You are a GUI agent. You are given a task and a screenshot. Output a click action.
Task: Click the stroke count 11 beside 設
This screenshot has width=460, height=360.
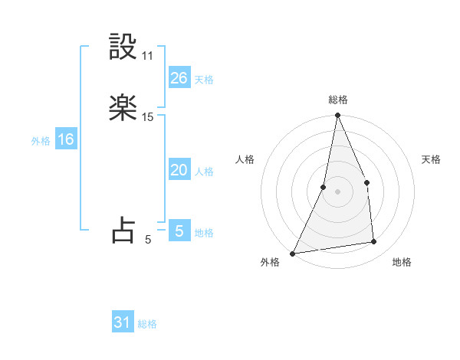pyautogui.click(x=148, y=56)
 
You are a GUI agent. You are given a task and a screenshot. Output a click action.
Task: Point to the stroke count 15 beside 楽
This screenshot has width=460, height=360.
pyautogui.click(x=148, y=117)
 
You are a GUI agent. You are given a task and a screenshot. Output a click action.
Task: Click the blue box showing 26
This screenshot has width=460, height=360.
pyautogui.click(x=179, y=78)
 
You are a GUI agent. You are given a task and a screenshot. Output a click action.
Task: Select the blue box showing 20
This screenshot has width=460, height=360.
pyautogui.click(x=179, y=170)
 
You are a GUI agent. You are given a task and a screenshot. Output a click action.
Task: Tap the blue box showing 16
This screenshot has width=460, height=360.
pyautogui.click(x=65, y=139)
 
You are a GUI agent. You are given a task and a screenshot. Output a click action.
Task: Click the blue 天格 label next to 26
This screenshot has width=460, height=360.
pyautogui.click(x=204, y=80)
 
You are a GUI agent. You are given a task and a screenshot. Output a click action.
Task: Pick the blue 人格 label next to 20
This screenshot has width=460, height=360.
pyautogui.click(x=204, y=172)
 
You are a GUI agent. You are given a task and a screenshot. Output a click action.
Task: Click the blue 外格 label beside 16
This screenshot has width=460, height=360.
pyautogui.click(x=41, y=141)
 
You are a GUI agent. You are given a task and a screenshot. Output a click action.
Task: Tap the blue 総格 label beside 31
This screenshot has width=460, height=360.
pyautogui.click(x=147, y=325)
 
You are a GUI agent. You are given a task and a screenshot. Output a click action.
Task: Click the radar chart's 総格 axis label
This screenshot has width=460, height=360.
pyautogui.click(x=337, y=100)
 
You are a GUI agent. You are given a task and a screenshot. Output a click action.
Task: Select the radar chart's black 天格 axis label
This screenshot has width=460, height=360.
pyautogui.click(x=432, y=159)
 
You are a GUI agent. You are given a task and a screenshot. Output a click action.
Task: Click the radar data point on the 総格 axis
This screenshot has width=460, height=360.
pyautogui.click(x=337, y=116)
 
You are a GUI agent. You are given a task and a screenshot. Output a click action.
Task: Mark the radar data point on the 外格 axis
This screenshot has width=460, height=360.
pyautogui.click(x=292, y=254)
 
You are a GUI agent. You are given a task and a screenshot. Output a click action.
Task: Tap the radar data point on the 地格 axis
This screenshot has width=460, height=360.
pyautogui.click(x=374, y=242)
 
